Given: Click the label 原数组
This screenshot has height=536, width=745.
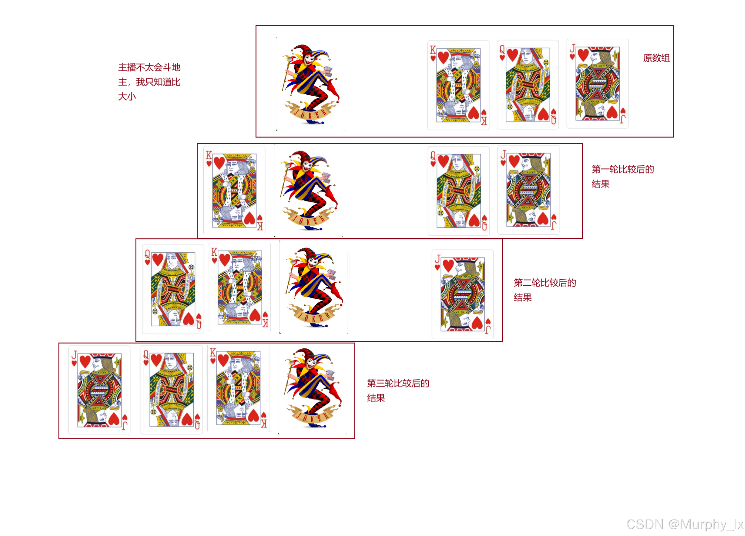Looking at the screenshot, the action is point(656,58).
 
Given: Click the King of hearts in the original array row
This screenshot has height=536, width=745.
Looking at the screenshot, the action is point(458,85).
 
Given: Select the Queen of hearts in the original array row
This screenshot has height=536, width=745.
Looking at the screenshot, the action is point(528,85).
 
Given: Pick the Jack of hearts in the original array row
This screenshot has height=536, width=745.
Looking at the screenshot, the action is point(597,84).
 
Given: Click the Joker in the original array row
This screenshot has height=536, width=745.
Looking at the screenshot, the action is point(310,84).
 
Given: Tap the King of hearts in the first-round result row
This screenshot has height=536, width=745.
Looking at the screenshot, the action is point(234,190).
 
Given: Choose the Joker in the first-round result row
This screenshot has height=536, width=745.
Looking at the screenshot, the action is point(309,190).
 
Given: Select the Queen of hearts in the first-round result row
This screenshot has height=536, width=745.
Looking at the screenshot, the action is point(459,191).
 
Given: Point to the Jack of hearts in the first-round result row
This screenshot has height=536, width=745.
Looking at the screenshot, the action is point(528,190).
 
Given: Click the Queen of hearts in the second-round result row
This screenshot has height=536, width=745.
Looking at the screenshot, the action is point(173,289).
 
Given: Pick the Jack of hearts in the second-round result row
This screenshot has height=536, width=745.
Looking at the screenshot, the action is point(462,294).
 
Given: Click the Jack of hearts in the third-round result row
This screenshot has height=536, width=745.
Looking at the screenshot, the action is point(99,390).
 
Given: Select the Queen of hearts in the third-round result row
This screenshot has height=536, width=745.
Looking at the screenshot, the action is point(172,390).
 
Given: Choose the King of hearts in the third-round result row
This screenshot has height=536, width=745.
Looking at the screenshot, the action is point(238,389).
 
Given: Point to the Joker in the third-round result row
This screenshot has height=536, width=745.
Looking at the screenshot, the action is point(312,389).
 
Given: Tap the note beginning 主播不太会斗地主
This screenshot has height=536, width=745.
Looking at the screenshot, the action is point(149,82).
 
